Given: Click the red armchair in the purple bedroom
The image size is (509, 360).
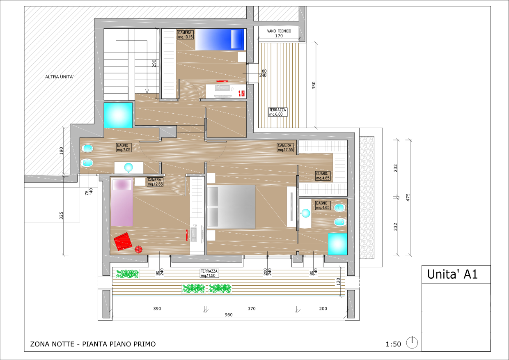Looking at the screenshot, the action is (x=123, y=241).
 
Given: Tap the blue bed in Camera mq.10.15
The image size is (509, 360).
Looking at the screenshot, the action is (x=220, y=39).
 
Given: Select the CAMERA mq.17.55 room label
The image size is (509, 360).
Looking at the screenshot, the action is (x=285, y=147).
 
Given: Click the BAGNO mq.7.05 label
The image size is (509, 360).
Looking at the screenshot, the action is (x=124, y=147).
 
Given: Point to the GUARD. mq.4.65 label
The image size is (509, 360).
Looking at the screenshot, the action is (x=323, y=176).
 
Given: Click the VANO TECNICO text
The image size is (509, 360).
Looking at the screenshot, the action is (x=279, y=31).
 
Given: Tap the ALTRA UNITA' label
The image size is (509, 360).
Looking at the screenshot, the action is (x=59, y=77).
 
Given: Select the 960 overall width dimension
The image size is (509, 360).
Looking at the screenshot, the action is (x=229, y=315).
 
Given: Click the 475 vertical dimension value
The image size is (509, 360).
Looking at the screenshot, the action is (x=408, y=197).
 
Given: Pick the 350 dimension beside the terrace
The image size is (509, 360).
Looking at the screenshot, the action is (x=314, y=85).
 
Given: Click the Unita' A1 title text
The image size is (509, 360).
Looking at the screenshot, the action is (x=452, y=274).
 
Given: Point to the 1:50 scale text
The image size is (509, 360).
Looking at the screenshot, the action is (x=393, y=344).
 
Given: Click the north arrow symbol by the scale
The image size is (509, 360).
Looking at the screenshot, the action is (x=412, y=342).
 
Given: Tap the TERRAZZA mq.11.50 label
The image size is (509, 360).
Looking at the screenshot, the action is (x=209, y=273).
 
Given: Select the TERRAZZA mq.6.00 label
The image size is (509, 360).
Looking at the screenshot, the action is (x=277, y=112).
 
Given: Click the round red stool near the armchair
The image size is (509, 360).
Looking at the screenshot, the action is (x=139, y=249).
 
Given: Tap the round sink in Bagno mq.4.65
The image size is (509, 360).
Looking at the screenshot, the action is (x=306, y=213).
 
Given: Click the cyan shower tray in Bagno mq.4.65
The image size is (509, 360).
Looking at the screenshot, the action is (x=338, y=244).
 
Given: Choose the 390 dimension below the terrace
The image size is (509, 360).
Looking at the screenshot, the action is (x=157, y=309).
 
